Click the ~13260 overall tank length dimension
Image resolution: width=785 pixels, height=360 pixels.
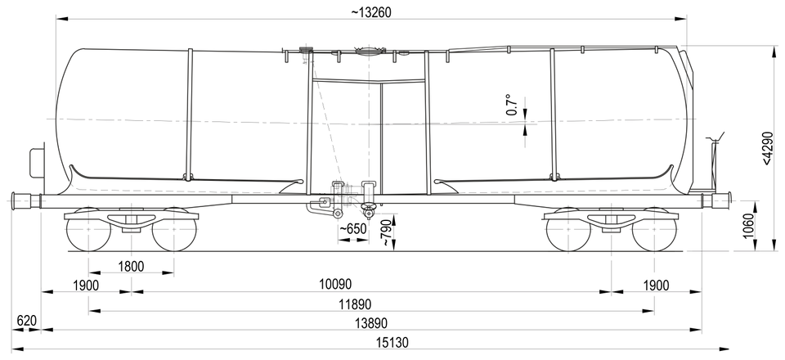[371, 12]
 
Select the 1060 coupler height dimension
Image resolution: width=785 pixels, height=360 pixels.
[748, 227]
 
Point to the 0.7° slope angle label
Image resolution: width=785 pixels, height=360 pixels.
[510, 105]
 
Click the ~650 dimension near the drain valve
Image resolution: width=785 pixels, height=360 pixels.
[353, 229]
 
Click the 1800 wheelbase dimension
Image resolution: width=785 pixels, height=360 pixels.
[131, 266]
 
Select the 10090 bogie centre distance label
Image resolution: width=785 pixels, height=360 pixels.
[335, 285]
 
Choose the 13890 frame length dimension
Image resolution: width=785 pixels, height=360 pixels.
[371, 323]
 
